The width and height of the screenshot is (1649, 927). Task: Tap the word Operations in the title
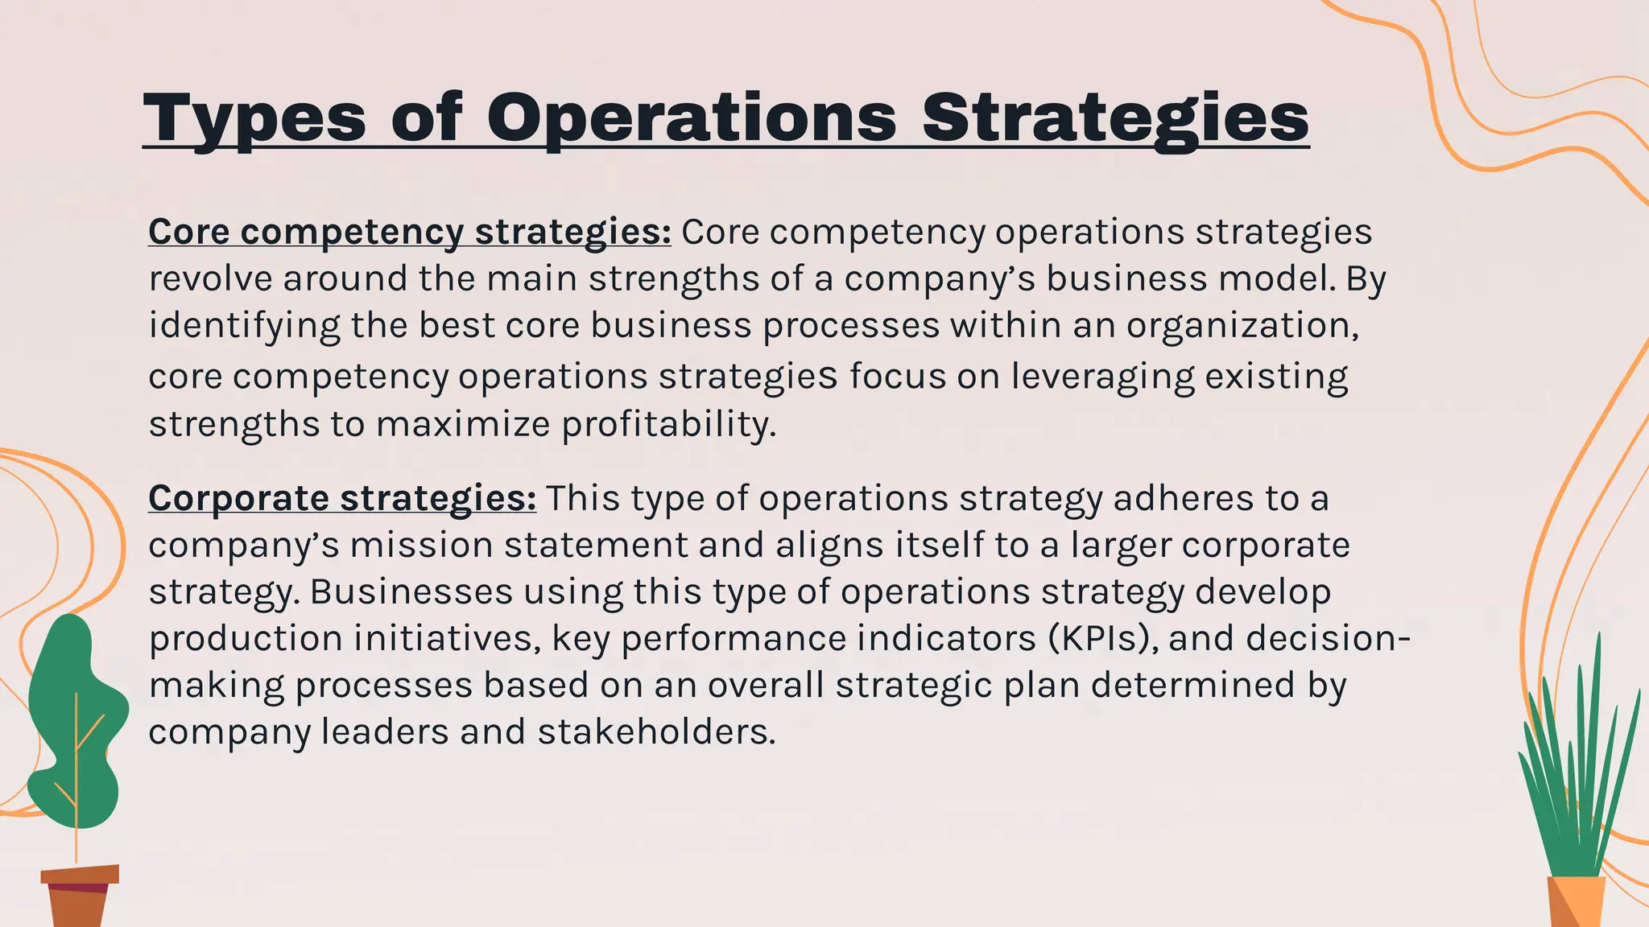pyautogui.click(x=691, y=118)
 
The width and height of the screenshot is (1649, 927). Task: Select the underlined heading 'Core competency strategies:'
pyautogui.click(x=409, y=232)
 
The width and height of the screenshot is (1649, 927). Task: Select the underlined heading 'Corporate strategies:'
pyautogui.click(x=342, y=498)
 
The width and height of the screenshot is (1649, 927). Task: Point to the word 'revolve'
pyautogui.click(x=210, y=278)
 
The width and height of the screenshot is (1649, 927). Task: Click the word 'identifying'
pyautogui.click(x=244, y=326)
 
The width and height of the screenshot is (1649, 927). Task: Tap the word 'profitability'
pyautogui.click(x=667, y=423)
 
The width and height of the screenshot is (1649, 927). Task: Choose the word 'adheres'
pyautogui.click(x=1183, y=498)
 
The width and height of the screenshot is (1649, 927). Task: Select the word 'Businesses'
pyautogui.click(x=411, y=591)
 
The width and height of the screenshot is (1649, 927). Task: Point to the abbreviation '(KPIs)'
pyautogui.click(x=1103, y=638)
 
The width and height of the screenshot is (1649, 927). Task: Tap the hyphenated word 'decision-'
pyautogui.click(x=1328, y=638)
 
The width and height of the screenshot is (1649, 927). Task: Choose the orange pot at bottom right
pyautogui.click(x=1576, y=902)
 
